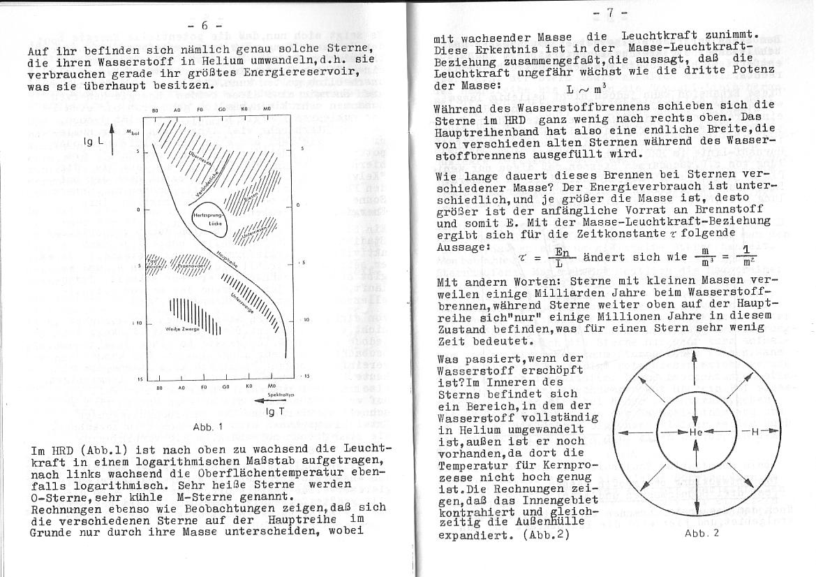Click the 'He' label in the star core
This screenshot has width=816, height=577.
point(695,432)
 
